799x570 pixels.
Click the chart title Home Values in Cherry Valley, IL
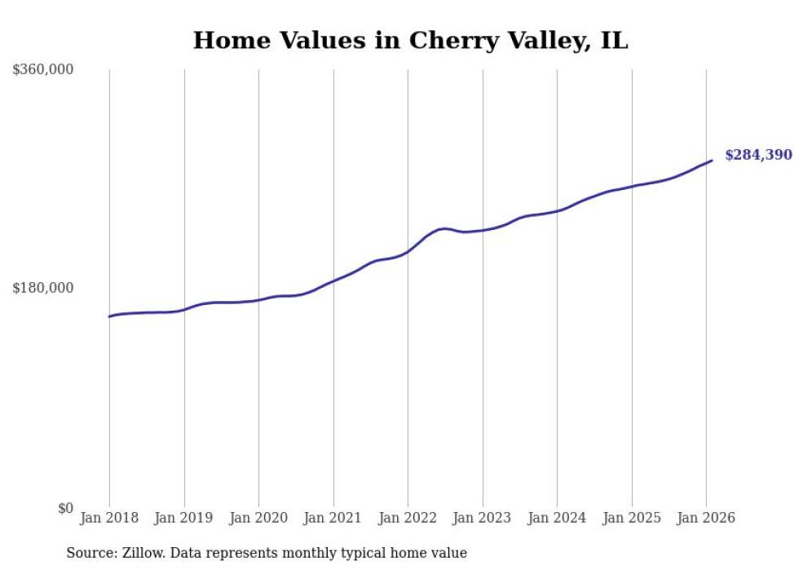coord(410,41)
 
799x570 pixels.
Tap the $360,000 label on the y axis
coord(43,70)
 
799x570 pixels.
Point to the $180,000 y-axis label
coord(43,288)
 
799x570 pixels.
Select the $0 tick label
coord(65,508)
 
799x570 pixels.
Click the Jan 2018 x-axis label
coord(109,518)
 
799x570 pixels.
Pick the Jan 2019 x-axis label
coord(184,518)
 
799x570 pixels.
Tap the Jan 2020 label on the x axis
coord(258,518)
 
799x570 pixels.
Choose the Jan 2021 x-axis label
coord(333,518)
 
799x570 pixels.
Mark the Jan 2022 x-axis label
coord(408,518)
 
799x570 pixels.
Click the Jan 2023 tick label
coord(483,518)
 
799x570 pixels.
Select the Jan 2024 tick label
coord(557,518)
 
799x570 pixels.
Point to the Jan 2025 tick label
coord(632,518)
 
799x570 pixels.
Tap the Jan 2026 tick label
coord(706,518)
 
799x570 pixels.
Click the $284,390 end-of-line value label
coord(758,155)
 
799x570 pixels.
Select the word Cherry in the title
coord(452,41)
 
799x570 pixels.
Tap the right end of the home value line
coord(712,161)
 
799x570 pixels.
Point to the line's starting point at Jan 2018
coord(109,316)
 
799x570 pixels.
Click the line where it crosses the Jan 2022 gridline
coord(408,251)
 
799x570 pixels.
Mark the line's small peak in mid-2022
coord(443,228)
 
